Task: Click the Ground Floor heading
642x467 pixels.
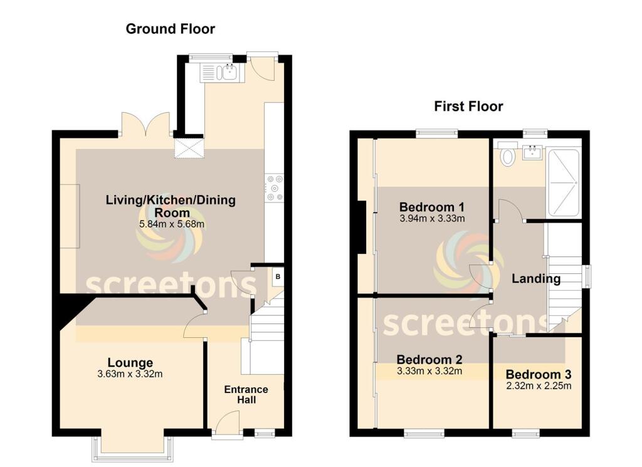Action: [x=170, y=29]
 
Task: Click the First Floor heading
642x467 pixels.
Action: [x=468, y=107]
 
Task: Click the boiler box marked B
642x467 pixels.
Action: [x=277, y=276]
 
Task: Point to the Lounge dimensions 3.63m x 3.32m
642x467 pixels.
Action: [x=130, y=375]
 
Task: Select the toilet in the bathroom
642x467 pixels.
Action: [x=507, y=154]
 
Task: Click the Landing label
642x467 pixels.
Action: [x=535, y=279]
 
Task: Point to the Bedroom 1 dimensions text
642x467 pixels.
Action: [x=432, y=219]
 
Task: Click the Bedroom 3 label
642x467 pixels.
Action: [x=539, y=375]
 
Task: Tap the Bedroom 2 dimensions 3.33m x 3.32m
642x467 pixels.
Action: [x=429, y=371]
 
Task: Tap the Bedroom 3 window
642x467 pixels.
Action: [x=525, y=433]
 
